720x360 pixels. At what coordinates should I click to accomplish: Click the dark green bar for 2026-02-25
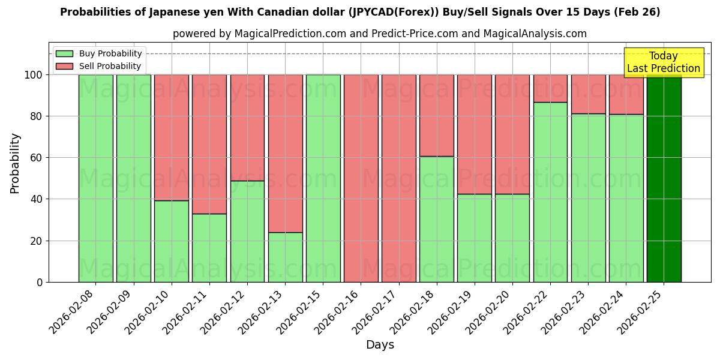(x=664, y=178)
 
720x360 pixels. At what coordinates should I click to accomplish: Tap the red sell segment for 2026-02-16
(x=361, y=178)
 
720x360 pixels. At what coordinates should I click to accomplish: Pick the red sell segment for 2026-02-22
(x=550, y=88)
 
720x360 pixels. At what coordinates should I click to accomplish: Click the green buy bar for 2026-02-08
(x=95, y=178)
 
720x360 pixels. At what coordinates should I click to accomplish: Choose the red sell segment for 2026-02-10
(x=171, y=137)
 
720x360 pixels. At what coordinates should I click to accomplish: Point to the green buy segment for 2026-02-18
(x=437, y=219)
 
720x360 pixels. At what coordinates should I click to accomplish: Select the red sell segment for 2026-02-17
(x=398, y=178)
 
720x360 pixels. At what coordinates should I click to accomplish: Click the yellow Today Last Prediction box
(x=663, y=62)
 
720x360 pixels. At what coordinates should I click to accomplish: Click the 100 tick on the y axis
(x=34, y=75)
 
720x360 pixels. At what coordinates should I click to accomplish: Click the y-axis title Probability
(x=15, y=163)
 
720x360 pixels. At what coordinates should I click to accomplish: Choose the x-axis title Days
(x=380, y=345)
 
